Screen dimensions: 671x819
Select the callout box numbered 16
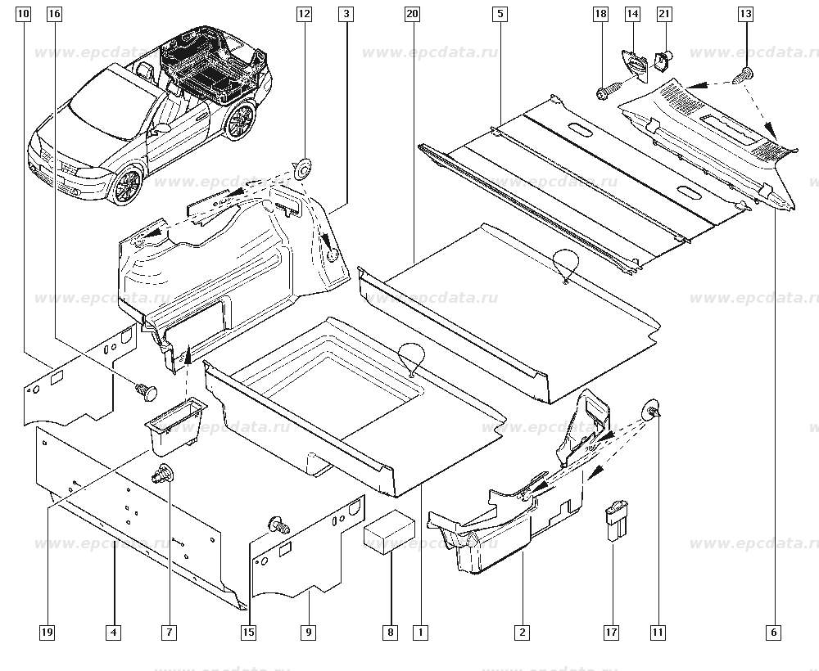pyautogui.click(x=54, y=14)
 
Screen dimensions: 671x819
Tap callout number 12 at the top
pyautogui.click(x=305, y=14)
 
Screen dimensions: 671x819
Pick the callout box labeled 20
pyautogui.click(x=412, y=14)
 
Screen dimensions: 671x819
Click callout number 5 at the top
pyautogui.click(x=500, y=14)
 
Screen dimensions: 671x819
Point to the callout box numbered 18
pyautogui.click(x=601, y=14)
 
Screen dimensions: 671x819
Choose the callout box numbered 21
pyautogui.click(x=664, y=14)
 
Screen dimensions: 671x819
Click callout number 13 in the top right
pyautogui.click(x=745, y=14)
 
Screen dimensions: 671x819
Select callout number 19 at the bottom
pyautogui.click(x=48, y=632)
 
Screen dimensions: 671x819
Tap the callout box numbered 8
pyautogui.click(x=391, y=632)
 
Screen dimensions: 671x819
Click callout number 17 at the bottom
pyautogui.click(x=611, y=632)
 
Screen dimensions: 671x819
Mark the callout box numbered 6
pyautogui.click(x=775, y=632)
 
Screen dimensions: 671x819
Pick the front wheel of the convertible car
pyautogui.click(x=124, y=187)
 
